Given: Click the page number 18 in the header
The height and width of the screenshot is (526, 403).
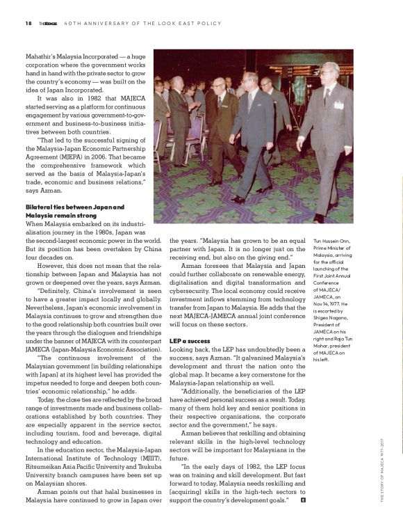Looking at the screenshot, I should pyautogui.click(x=28, y=23).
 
